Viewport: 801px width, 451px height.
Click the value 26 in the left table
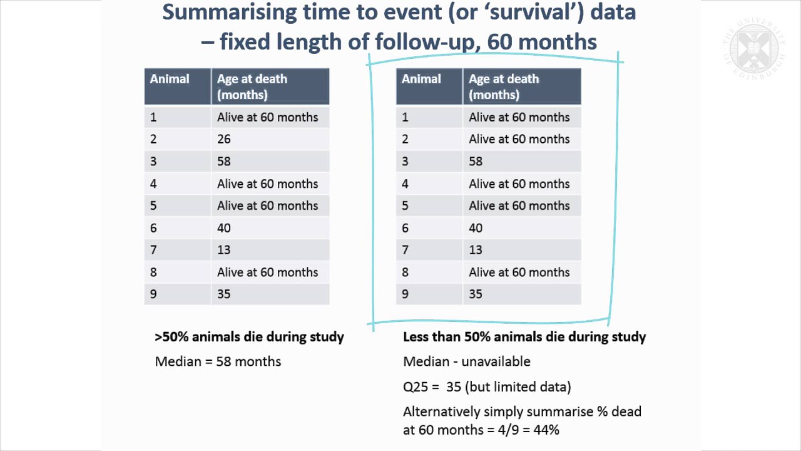pyautogui.click(x=224, y=139)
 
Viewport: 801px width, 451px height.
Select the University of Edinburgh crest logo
pyautogui.click(x=751, y=49)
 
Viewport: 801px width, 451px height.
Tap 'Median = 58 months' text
pyautogui.click(x=218, y=361)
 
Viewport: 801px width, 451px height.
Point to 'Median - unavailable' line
pyautogui.click(x=466, y=361)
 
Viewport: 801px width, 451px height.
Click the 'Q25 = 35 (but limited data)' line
pyautogui.click(x=486, y=386)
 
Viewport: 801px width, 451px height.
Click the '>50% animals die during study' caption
pyautogui.click(x=249, y=337)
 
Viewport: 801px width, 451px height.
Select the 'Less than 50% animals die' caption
pyautogui.click(x=524, y=337)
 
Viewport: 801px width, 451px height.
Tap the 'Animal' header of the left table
pyautogui.click(x=170, y=80)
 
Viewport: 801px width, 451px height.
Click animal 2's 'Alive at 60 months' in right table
pyautogui.click(x=519, y=139)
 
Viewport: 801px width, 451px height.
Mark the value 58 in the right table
pyautogui.click(x=476, y=162)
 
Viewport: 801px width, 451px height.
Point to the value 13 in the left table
pyautogui.click(x=224, y=250)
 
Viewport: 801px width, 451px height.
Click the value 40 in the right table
pyautogui.click(x=476, y=228)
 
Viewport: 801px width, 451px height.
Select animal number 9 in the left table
pyautogui.click(x=153, y=294)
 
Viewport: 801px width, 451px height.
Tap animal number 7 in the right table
pyautogui.click(x=405, y=250)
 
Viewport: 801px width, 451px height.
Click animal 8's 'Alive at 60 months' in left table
pyautogui.click(x=267, y=272)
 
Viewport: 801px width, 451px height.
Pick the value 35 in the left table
pyautogui.click(x=224, y=294)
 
